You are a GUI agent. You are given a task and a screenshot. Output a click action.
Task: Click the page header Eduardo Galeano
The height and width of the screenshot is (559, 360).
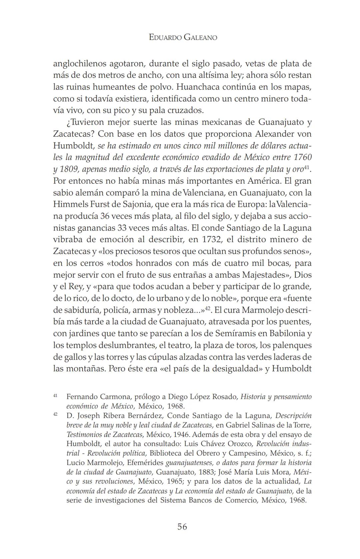pos(183,37)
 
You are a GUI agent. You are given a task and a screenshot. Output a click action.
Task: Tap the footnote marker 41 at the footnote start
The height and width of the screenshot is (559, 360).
pos(55,396)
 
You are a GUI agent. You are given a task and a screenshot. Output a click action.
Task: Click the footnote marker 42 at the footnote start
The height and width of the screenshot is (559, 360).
pos(55,415)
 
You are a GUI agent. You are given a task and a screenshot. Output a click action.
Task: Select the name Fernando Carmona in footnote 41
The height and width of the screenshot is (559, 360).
pos(98,397)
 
